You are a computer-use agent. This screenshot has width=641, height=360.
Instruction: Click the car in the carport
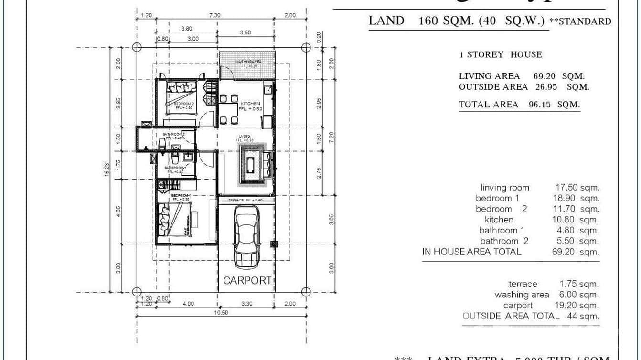point(246,241)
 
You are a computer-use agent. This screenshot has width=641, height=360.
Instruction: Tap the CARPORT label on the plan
point(247,280)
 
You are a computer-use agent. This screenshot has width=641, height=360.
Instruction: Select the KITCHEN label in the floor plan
point(250,104)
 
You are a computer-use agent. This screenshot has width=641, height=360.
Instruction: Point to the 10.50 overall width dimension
point(221,313)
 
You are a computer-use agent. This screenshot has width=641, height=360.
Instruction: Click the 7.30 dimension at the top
point(215,15)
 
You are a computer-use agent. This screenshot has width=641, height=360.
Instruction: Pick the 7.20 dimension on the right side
point(331,138)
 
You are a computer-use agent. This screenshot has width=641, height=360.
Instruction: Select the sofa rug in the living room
point(251,165)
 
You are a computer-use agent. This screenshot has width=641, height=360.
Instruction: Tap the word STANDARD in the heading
point(584,21)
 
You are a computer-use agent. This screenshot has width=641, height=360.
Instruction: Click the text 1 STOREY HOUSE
point(501,54)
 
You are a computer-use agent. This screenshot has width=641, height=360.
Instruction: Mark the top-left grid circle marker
point(137,47)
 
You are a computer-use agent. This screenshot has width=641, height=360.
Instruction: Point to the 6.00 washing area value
point(567,295)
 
